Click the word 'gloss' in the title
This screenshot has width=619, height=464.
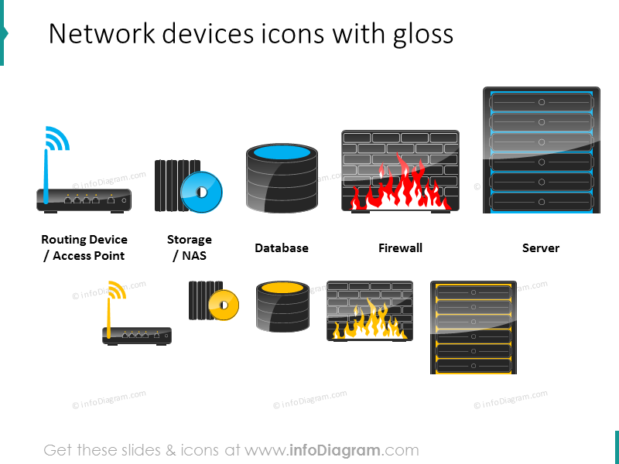(x=422, y=35)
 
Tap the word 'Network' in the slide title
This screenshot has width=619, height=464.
(x=101, y=33)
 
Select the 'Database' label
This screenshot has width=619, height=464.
(x=282, y=248)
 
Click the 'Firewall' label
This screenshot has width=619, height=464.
(x=400, y=248)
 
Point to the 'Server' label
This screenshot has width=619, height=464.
(x=540, y=248)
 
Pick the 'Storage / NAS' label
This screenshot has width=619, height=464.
(x=190, y=247)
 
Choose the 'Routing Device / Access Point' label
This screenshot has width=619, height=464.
(x=84, y=247)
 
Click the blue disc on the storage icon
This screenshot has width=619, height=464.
(x=201, y=192)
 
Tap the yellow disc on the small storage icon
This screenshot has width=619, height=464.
(x=224, y=305)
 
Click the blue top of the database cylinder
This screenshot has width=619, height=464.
(x=282, y=152)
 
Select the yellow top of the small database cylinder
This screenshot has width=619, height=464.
(x=282, y=288)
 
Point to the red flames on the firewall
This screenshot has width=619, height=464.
(x=399, y=185)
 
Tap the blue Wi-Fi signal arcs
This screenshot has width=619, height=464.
(x=58, y=138)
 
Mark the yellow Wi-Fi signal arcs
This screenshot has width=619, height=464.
(x=118, y=290)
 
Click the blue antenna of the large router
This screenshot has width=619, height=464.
(x=46, y=177)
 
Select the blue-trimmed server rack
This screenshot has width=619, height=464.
(x=541, y=150)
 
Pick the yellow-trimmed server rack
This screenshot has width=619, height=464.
(x=474, y=327)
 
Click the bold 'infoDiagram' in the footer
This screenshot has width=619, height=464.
(x=335, y=450)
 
